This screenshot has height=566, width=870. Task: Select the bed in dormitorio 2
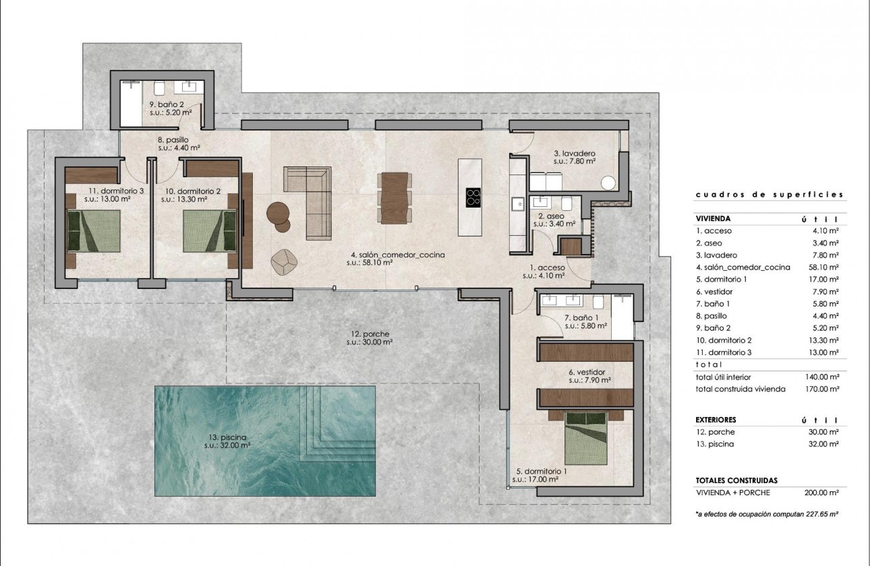[210, 230]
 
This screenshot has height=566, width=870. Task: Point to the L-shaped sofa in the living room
[310, 202]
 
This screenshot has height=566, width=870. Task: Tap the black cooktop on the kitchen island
[473, 197]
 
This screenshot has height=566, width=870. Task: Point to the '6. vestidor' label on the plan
[586, 372]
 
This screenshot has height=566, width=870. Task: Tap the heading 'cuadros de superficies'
[769, 194]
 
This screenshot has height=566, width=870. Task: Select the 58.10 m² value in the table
[825, 268]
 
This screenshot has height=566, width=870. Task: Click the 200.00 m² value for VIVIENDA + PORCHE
[824, 493]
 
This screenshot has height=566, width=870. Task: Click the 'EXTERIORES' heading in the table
[718, 420]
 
